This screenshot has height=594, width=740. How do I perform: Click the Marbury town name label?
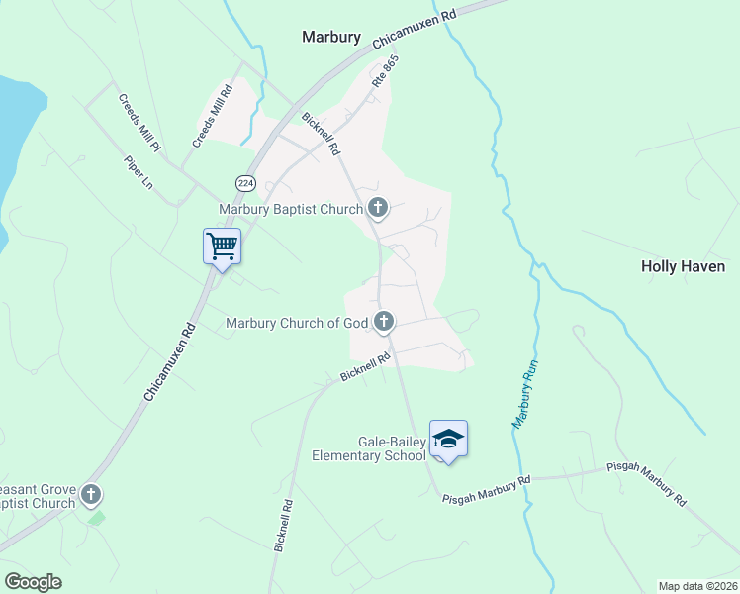point(332,37)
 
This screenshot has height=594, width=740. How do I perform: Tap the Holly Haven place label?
point(683,266)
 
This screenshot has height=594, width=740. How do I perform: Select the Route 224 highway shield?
point(245,183)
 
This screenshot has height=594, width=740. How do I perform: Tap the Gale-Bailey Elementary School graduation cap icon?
point(448,439)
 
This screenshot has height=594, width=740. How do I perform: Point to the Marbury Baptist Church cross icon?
point(377,208)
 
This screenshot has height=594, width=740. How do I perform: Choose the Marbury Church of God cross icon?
point(384,322)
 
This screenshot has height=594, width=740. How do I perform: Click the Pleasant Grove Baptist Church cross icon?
point(91,493)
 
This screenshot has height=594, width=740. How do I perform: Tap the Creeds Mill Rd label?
point(212,117)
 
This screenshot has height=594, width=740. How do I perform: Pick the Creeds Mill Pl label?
point(139,122)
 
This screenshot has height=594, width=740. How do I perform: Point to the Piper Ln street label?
point(139,171)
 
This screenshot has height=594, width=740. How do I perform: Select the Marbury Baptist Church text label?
point(291,209)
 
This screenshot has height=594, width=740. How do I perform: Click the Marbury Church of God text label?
point(297,323)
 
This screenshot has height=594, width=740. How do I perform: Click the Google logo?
point(33,581)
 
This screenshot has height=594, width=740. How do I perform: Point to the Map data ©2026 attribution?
point(697,585)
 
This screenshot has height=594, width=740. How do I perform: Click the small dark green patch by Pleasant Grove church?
point(95,517)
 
